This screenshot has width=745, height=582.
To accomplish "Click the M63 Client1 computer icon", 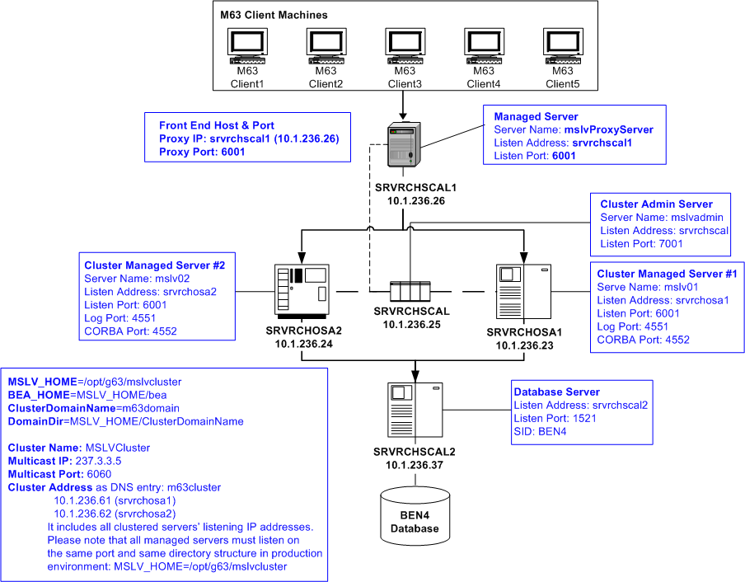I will [x=246, y=49].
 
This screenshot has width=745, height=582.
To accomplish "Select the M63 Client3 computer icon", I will [x=404, y=49].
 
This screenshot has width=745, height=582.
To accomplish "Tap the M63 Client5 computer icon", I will [x=562, y=49].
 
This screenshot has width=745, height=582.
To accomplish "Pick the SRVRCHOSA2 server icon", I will [x=302, y=289].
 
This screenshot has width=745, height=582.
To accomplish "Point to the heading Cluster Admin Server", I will [x=656, y=204].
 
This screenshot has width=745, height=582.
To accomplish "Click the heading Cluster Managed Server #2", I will [x=154, y=265].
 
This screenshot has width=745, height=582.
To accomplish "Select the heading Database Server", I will [x=556, y=392].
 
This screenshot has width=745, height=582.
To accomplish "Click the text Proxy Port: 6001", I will [x=202, y=152].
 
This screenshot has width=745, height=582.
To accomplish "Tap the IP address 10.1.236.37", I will [x=414, y=466].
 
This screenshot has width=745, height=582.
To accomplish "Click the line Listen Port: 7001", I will [x=641, y=244].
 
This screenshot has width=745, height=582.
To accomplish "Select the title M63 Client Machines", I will [x=274, y=15].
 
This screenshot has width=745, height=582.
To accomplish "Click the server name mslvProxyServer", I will [x=608, y=129].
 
